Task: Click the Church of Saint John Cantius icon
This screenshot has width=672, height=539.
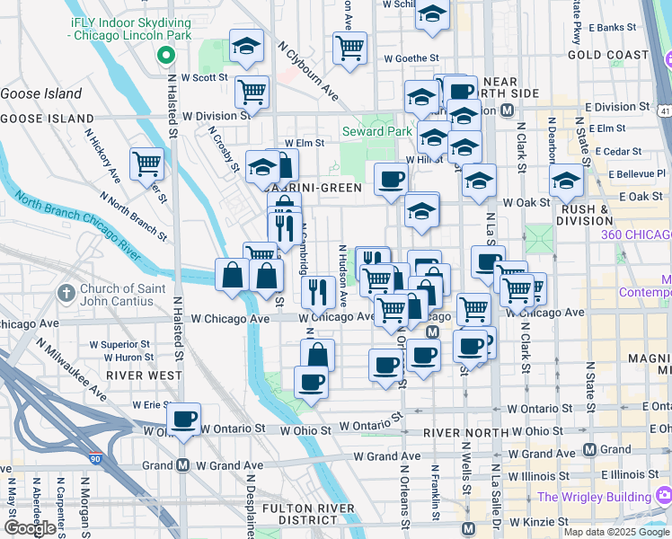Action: point(66,294)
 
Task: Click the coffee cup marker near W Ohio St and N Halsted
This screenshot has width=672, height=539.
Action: point(184,419)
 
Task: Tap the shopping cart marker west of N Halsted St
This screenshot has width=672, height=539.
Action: point(146,164)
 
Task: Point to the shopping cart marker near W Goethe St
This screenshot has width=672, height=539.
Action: point(349,47)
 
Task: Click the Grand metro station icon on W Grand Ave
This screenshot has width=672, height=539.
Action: point(183,465)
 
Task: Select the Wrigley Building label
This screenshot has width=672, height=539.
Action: point(594,497)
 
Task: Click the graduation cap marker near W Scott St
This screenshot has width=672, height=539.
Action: point(245,48)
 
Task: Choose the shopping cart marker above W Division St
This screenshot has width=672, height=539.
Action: point(252,91)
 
